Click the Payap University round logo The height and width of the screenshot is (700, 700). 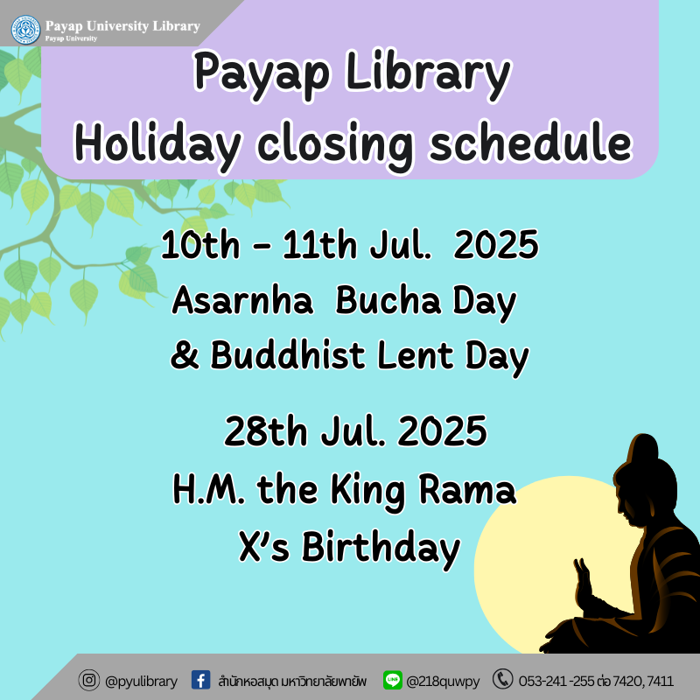(x=25, y=30)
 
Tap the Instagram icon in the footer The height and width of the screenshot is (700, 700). (x=89, y=681)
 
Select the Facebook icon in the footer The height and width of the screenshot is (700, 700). (x=201, y=680)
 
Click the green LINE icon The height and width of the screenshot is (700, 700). (x=393, y=680)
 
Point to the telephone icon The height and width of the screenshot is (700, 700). (x=502, y=680)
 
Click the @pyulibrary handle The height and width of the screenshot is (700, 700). (x=141, y=682)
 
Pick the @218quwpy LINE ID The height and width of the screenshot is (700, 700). (x=443, y=682)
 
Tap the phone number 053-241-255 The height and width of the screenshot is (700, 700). (x=556, y=682)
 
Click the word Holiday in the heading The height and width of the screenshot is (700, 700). (x=158, y=144)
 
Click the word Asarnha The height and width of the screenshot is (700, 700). (x=242, y=300)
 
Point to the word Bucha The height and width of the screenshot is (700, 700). (x=388, y=300)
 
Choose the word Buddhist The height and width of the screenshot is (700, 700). (x=288, y=355)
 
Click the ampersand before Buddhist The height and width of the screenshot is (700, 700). (x=185, y=355)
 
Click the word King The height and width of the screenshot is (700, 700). (x=367, y=491)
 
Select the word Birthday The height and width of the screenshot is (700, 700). (x=381, y=549)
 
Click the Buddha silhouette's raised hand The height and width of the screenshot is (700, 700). (x=583, y=580)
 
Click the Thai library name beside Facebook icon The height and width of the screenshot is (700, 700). (x=292, y=682)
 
